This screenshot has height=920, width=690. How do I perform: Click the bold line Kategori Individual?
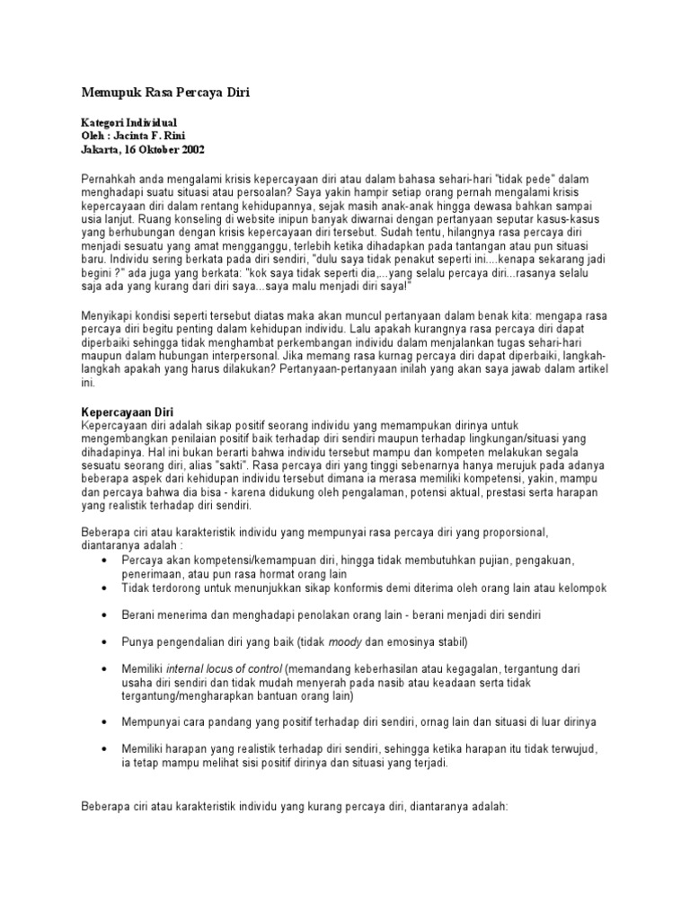click(x=129, y=121)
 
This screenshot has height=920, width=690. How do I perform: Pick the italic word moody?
click(x=344, y=642)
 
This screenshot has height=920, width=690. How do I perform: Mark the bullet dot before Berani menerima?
click(x=107, y=615)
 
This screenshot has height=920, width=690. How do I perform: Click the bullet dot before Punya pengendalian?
click(x=107, y=643)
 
